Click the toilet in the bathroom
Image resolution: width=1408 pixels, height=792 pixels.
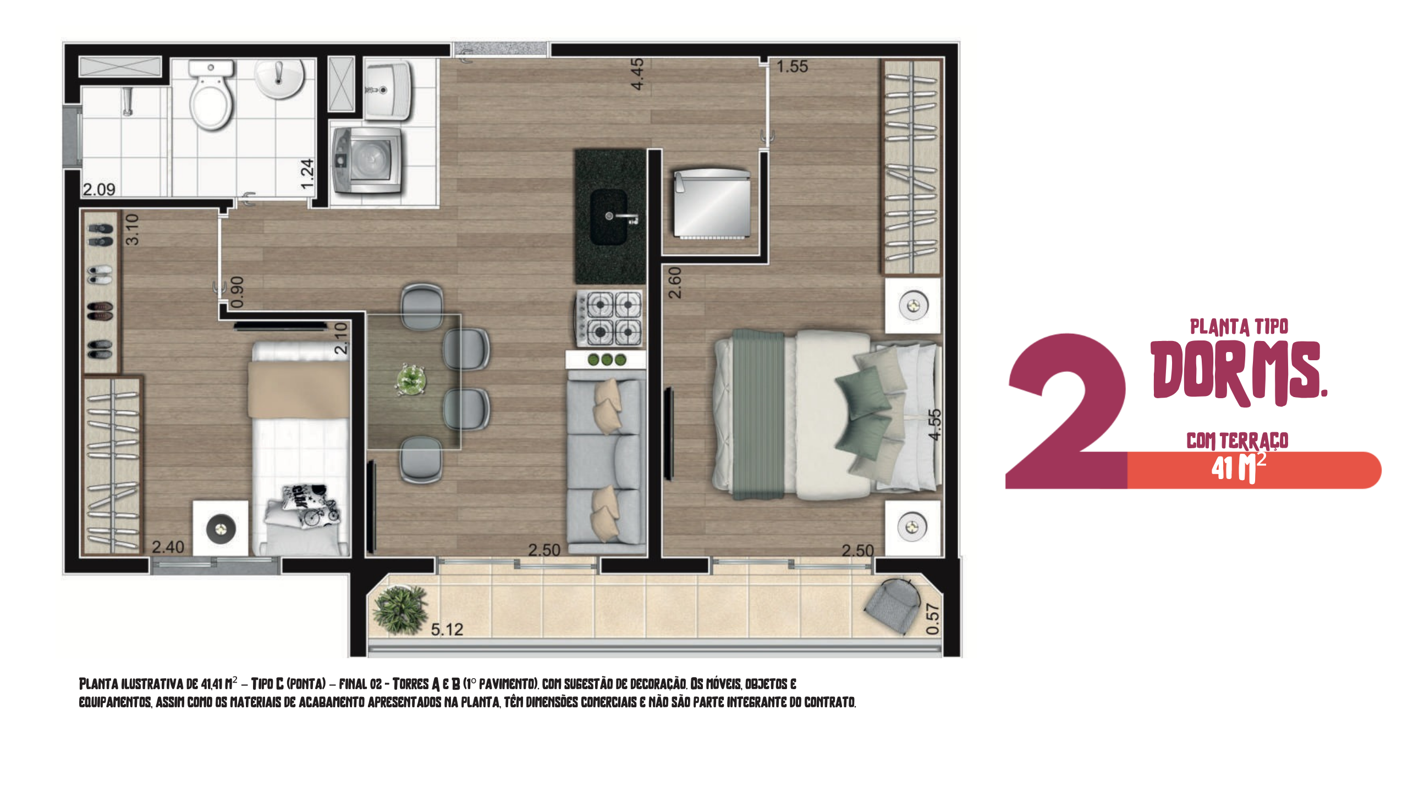point(210,95)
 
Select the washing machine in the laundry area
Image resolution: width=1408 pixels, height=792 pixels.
point(367,161)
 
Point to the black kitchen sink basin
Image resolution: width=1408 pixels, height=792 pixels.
point(609,217)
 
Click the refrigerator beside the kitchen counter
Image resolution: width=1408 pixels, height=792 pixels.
point(712,204)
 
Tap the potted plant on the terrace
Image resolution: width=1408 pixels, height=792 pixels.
point(400,609)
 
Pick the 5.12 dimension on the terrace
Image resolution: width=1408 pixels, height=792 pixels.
point(447,630)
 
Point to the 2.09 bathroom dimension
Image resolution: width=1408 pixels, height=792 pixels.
point(99,190)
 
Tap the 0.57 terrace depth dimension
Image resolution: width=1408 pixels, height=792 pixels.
point(933,619)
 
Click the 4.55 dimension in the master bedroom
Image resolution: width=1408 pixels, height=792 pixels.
point(935,425)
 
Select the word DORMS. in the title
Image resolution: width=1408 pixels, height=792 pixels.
point(1239,372)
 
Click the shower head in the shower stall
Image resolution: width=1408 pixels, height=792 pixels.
point(128,101)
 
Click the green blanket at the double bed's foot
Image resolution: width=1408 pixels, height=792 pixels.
point(758,414)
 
